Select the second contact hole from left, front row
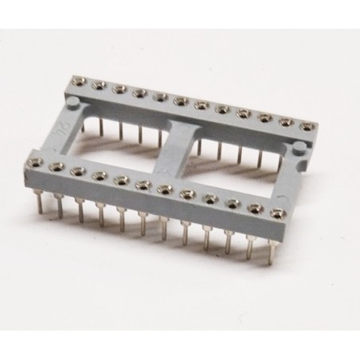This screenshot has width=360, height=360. tap(57, 166)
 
